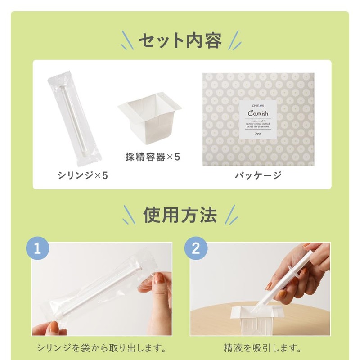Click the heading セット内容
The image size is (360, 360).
click(180, 41)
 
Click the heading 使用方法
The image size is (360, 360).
click(180, 215)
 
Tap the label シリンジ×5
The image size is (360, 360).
click(82, 175)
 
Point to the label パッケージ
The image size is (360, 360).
click(258, 175)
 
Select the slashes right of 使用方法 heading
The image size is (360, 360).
click(230, 215)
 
